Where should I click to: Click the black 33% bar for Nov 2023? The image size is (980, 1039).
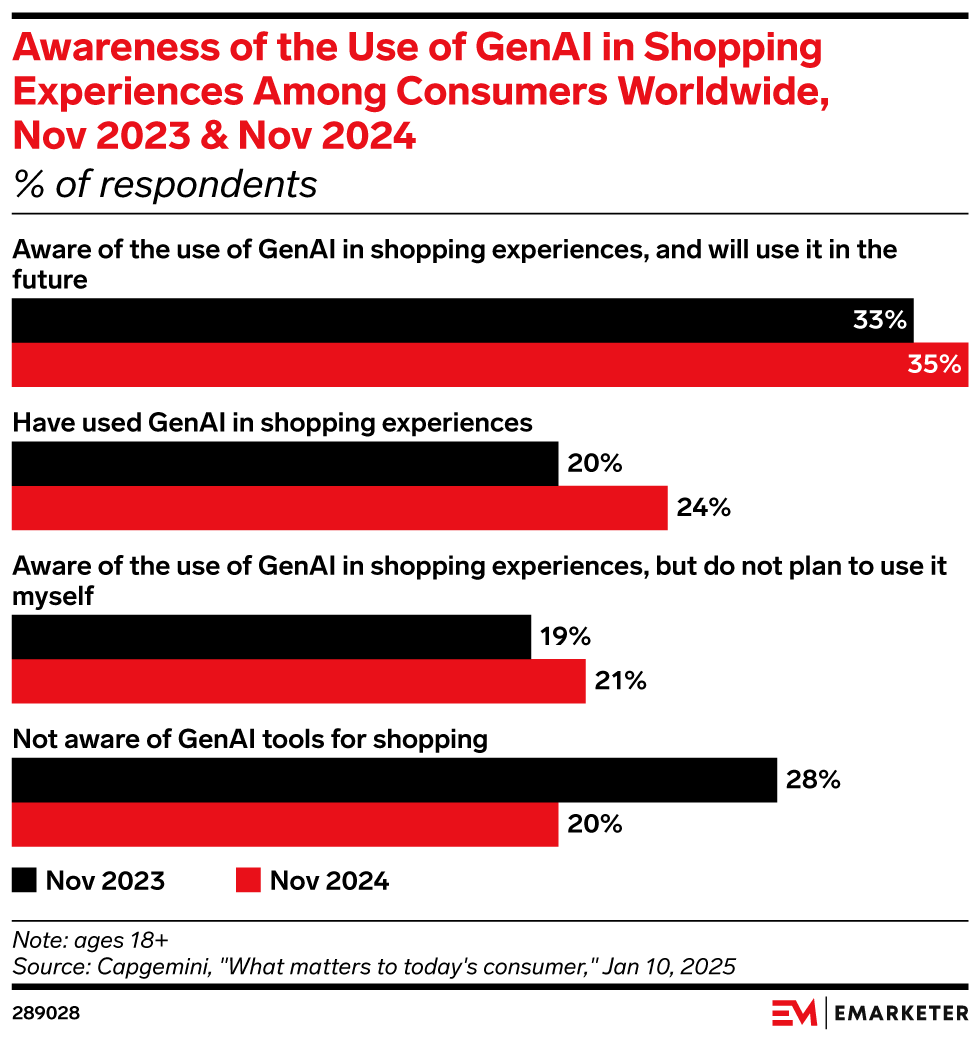[460, 321]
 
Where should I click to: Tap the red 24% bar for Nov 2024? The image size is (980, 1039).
[339, 508]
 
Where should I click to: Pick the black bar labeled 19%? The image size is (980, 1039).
[271, 637]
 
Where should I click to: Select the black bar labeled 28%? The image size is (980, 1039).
[394, 780]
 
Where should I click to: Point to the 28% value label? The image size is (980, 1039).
[812, 780]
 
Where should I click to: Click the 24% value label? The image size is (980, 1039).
[703, 508]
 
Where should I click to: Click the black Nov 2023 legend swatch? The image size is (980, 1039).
[24, 880]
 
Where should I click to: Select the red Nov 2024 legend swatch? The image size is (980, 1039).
[247, 880]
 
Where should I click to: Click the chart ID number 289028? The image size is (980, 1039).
[45, 1013]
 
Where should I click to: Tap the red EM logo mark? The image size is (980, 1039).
[794, 1012]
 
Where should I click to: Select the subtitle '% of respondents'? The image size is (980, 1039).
[164, 185]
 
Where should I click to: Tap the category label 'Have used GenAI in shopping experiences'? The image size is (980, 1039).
[272, 423]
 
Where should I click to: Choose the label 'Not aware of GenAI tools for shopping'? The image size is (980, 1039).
[250, 739]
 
